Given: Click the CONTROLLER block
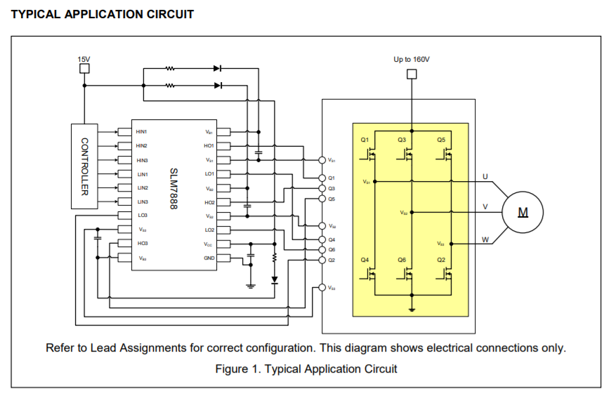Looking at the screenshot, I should (84, 166).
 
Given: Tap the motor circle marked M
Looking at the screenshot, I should (523, 211).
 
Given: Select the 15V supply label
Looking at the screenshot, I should (84, 59).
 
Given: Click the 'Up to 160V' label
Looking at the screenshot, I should (412, 60).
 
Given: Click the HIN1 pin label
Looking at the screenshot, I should (142, 132).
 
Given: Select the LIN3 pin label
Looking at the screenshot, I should (142, 202).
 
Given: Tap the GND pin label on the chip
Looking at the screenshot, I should (209, 258).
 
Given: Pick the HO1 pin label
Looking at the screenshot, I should (209, 146).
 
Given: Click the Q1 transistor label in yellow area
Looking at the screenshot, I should (365, 140).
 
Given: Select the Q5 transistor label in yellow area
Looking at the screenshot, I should (441, 140).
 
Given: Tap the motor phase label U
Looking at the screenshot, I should (485, 176).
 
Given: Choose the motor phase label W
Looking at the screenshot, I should (485, 239).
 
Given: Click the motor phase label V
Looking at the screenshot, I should (485, 207).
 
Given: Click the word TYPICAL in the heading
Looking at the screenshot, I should (36, 14).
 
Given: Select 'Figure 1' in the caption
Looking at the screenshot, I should (237, 369).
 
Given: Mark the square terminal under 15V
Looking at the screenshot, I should (84, 69).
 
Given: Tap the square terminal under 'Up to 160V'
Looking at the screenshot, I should (412, 70).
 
